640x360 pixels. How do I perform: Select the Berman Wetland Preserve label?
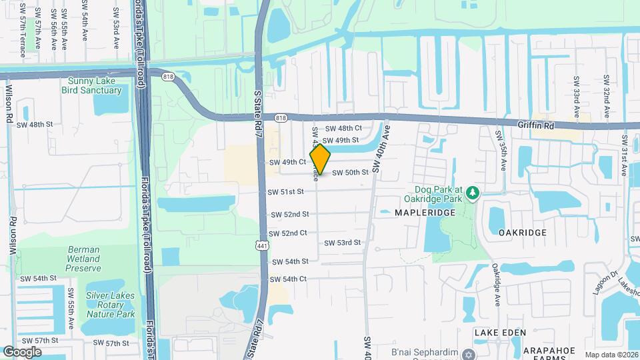tap(84, 259)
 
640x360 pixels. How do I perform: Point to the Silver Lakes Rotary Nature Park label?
tap(110, 305)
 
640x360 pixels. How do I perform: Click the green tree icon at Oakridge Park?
tap(473, 193)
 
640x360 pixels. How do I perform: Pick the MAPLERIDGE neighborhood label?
tap(425, 212)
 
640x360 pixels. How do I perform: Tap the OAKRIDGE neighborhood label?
tap(523, 233)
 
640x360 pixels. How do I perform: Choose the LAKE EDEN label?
tap(500, 332)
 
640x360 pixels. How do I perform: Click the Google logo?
tap(22, 351)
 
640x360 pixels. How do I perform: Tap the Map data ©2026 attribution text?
tap(611, 355)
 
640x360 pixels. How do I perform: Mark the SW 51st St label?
tap(285, 191)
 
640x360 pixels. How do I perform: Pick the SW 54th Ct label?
tap(288, 279)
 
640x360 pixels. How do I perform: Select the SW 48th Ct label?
tap(343, 128)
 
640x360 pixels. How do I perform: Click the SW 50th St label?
tap(350, 173)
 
